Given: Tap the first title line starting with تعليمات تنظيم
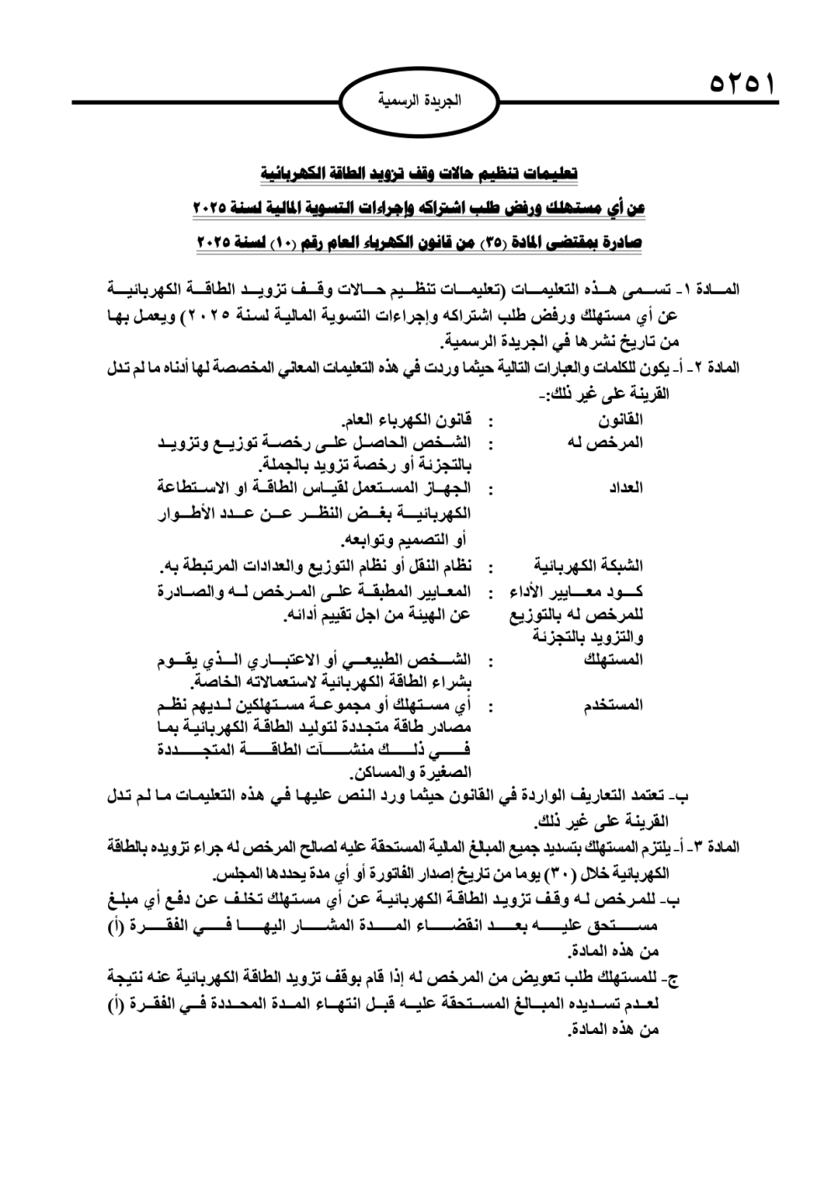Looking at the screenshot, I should click(418, 174).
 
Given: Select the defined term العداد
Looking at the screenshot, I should click(625, 488).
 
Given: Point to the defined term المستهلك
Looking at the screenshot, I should click(613, 660).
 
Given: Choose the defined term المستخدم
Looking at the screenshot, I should click(613, 705).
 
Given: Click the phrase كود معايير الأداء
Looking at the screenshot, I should click(577, 593).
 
